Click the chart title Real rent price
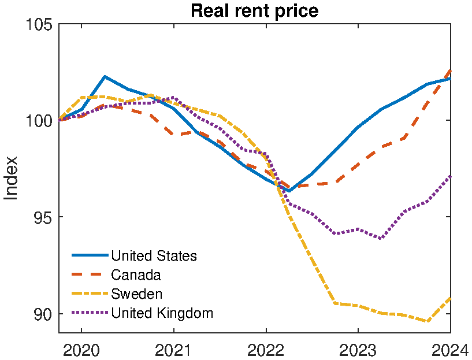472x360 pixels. (254, 10)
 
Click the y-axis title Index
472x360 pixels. (11, 179)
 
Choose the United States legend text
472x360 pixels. (154, 255)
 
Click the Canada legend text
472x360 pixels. (136, 274)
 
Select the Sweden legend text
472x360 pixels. (137, 294)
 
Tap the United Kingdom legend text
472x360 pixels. (162, 313)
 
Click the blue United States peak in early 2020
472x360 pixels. (105, 76)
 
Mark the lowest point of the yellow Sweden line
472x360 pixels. (428, 321)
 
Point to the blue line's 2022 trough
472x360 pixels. (288, 191)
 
